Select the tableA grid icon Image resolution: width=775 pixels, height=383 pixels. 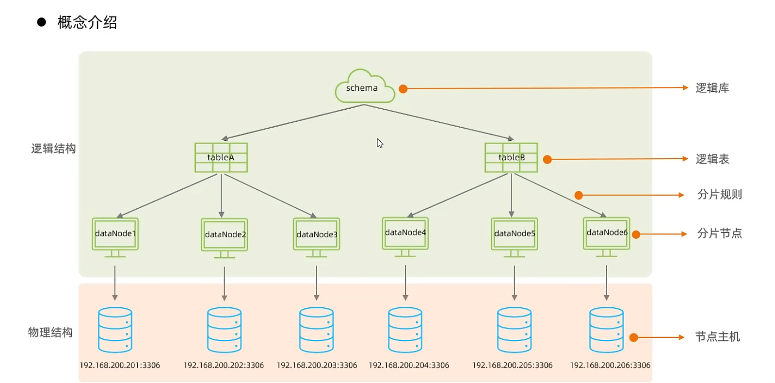pyautogui.click(x=221, y=157)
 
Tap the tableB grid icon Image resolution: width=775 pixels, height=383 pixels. pyautogui.click(x=511, y=157)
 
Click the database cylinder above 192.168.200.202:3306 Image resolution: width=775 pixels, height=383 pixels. pyautogui.click(x=224, y=330)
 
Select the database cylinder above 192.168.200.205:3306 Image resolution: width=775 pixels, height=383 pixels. pyautogui.click(x=514, y=330)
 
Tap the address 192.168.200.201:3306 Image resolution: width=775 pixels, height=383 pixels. pyautogui.click(x=120, y=365)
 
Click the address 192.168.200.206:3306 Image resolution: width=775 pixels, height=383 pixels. pyautogui.click(x=610, y=365)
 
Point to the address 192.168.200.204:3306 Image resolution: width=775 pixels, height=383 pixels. pyautogui.click(x=409, y=365)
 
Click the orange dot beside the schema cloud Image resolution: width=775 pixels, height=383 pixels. pyautogui.click(x=403, y=89)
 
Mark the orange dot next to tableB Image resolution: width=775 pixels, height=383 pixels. pyautogui.click(x=547, y=159)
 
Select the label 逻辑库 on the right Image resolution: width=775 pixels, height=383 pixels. pyautogui.click(x=712, y=88)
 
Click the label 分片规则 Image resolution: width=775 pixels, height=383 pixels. pyautogui.click(x=719, y=195)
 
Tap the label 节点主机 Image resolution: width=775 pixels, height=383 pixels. pyautogui.click(x=717, y=337)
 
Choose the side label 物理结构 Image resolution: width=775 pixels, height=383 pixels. pyautogui.click(x=50, y=333)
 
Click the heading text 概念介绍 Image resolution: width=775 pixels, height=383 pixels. pyautogui.click(x=87, y=22)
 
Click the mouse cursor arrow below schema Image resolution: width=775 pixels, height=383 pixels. pyautogui.click(x=380, y=143)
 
